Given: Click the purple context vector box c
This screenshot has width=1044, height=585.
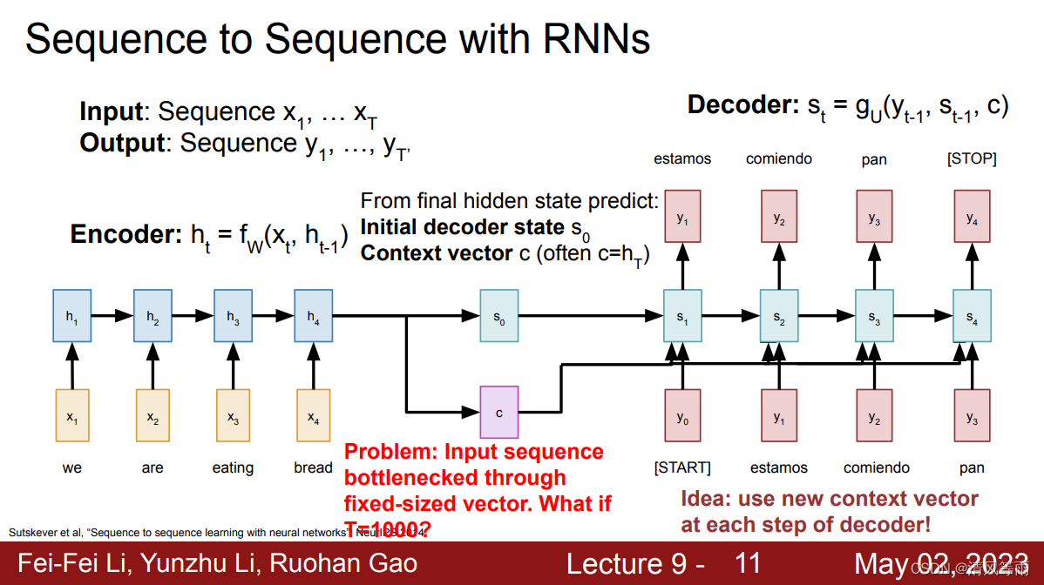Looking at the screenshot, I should pyautogui.click(x=499, y=413).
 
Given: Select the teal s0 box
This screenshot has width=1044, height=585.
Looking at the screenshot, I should pyautogui.click(x=499, y=316).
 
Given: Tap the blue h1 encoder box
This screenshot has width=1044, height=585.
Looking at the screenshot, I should pyautogui.click(x=71, y=316).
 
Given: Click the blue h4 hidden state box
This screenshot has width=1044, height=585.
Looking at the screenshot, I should pyautogui.click(x=312, y=316).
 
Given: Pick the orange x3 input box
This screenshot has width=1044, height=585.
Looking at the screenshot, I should pyautogui.click(x=233, y=415).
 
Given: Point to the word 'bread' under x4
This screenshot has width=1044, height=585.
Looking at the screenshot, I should pyautogui.click(x=313, y=467).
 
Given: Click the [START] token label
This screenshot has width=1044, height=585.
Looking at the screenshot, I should pyautogui.click(x=682, y=467).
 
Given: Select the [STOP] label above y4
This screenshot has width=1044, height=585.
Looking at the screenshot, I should pyautogui.click(x=972, y=159).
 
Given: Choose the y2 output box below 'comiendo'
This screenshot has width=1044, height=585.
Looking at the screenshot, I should pyautogui.click(x=779, y=218).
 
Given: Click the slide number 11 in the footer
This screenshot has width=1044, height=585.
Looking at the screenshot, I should pyautogui.click(x=748, y=563).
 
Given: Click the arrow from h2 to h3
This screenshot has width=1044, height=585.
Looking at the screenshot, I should pyautogui.click(x=193, y=316).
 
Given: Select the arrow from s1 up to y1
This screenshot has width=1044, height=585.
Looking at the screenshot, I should pyautogui.click(x=682, y=266).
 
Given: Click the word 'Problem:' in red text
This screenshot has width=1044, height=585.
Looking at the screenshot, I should pyautogui.click(x=390, y=452).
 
